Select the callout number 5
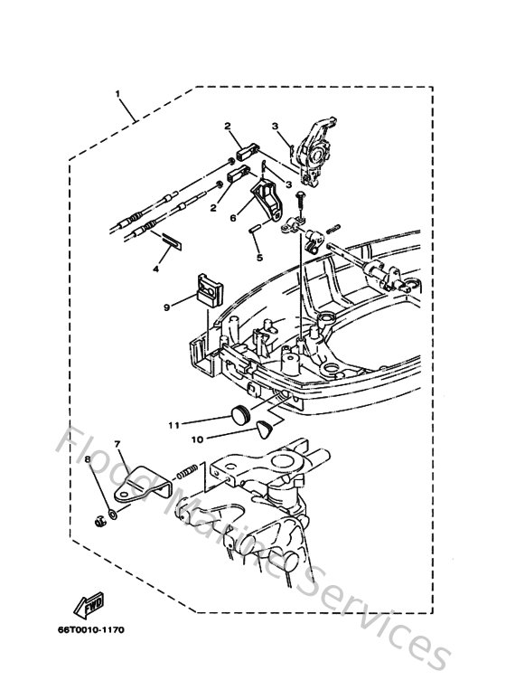(258, 257)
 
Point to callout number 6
(232, 216)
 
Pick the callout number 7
(117, 445)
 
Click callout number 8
(89, 460)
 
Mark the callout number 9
(167, 307)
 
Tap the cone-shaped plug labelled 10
(263, 428)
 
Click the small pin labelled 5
(256, 228)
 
